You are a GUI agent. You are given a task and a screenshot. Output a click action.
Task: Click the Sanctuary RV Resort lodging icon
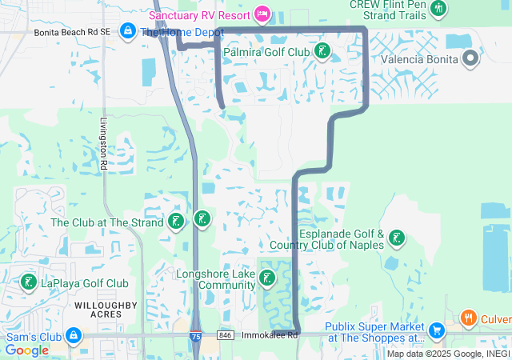point(261,14)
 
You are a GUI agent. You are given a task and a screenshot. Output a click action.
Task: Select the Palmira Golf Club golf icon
point(322,52)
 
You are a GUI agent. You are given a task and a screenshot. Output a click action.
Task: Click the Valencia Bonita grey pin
point(470,58)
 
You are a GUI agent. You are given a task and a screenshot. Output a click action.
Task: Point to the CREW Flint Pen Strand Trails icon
point(438,9)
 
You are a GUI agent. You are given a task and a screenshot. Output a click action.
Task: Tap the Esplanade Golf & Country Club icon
point(396,238)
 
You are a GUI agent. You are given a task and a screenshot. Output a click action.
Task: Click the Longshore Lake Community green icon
point(267,278)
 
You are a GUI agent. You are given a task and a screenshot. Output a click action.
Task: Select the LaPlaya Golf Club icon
point(29,282)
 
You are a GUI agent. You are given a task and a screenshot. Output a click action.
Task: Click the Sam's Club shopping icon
point(74,334)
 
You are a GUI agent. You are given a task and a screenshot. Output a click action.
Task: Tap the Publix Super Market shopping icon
point(436,330)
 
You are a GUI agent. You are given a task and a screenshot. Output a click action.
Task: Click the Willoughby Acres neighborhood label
point(106,310)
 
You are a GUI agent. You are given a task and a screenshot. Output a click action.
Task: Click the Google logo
point(26,350)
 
